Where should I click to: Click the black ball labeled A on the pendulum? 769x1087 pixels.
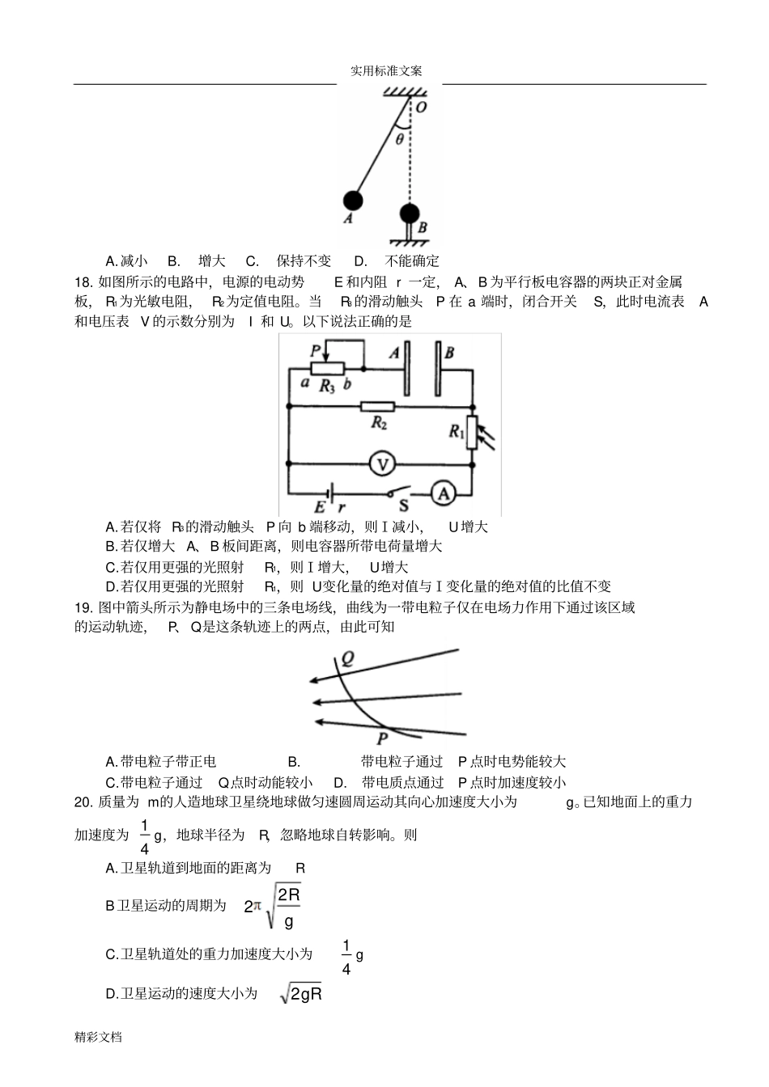click(x=352, y=200)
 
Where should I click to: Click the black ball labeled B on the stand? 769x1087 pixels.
click(x=410, y=214)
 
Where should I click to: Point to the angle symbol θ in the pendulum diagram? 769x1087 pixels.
click(x=399, y=139)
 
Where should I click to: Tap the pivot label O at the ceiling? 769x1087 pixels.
click(x=422, y=107)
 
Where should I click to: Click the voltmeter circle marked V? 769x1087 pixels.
click(x=381, y=463)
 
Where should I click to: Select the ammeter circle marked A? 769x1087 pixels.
click(x=442, y=493)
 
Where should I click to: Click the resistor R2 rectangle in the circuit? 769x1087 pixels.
click(x=377, y=406)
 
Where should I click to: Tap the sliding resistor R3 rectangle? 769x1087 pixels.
click(x=327, y=369)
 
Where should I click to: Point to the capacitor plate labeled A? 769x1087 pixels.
click(x=407, y=369)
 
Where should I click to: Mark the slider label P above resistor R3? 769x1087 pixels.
click(x=316, y=350)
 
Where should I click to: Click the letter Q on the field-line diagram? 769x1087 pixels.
click(x=346, y=658)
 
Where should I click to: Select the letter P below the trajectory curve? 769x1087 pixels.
click(x=382, y=738)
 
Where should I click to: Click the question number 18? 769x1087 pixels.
click(x=83, y=281)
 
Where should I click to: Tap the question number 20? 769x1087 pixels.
click(x=83, y=802)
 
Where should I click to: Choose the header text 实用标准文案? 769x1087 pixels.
click(x=386, y=71)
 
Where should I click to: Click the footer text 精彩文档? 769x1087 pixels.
click(x=98, y=1036)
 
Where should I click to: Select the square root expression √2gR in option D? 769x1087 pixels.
click(x=301, y=994)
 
